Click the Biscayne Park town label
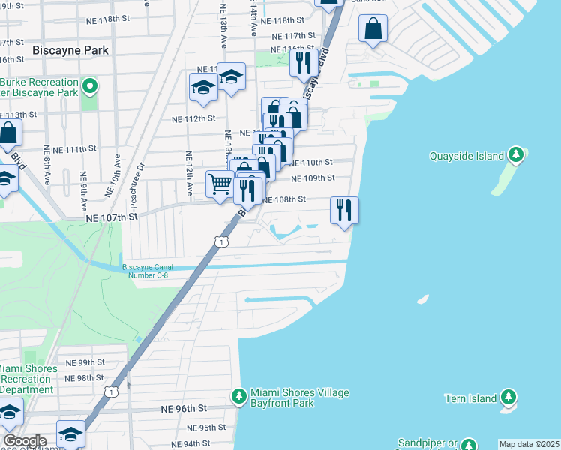[x=71, y=50]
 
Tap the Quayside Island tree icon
[x=515, y=155]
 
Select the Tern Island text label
[x=466, y=398]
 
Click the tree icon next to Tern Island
[x=508, y=396]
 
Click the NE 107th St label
[x=112, y=217]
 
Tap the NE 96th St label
[x=183, y=408]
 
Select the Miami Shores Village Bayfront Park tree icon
[x=239, y=395]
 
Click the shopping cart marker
[x=219, y=183]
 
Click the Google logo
[x=25, y=441]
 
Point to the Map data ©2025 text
[x=529, y=444]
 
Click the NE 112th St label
[x=193, y=118]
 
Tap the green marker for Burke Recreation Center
[x=90, y=87]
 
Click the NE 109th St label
[x=310, y=178]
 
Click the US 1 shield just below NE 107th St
[x=220, y=241]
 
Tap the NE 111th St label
[x=75, y=149]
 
